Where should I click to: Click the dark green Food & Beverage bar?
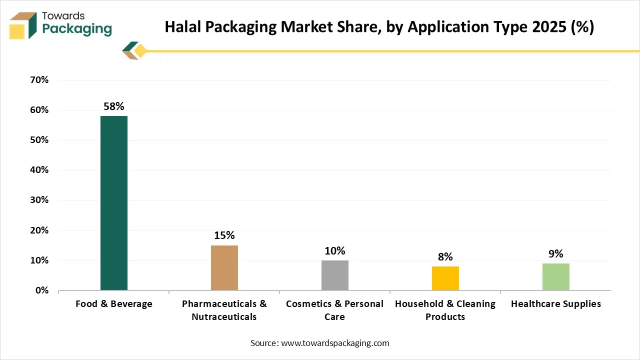click(x=114, y=203)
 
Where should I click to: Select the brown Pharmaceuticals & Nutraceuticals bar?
click(x=224, y=267)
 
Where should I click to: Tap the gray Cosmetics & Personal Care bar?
click(x=335, y=275)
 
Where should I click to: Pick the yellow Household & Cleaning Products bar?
click(x=445, y=278)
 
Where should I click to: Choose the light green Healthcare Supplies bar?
click(x=556, y=276)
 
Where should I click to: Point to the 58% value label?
click(x=114, y=106)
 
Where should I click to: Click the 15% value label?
click(x=224, y=235)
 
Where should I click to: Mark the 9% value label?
click(x=556, y=254)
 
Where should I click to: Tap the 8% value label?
click(x=445, y=257)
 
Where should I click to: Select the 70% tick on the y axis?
click(x=39, y=80)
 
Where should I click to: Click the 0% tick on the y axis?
click(x=41, y=290)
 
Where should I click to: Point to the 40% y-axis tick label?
click(x=39, y=170)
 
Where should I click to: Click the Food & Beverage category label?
click(x=114, y=304)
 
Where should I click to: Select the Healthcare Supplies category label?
click(x=556, y=304)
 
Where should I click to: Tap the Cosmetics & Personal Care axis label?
click(x=335, y=310)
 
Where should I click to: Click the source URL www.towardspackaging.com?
click(x=335, y=343)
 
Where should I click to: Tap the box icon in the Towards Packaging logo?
click(x=23, y=25)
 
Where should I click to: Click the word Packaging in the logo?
click(x=77, y=29)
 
